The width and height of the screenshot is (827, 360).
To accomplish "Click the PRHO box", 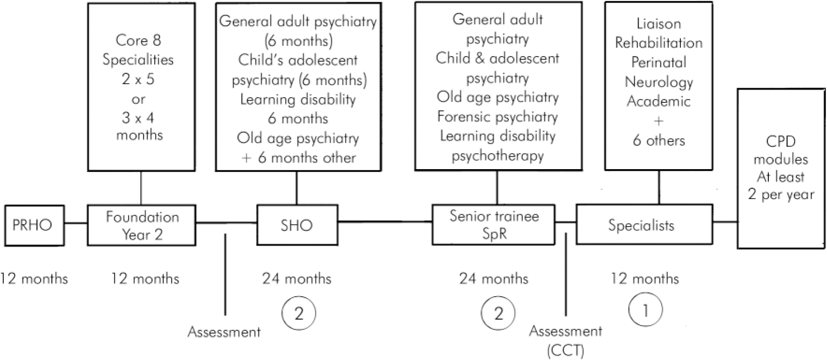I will pyautogui.click(x=34, y=225).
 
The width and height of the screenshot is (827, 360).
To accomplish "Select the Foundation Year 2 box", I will pyautogui.click(x=142, y=225).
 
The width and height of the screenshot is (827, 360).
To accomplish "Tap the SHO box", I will pyautogui.click(x=297, y=225).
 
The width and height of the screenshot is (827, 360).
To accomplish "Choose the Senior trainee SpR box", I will pyautogui.click(x=493, y=224).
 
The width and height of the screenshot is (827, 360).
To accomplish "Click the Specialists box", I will pyautogui.click(x=643, y=225).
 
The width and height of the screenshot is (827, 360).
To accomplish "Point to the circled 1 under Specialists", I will pyautogui.click(x=645, y=310).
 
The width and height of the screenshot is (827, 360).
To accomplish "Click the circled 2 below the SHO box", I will pyautogui.click(x=299, y=313).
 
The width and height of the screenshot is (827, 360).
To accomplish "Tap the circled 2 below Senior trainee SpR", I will pyautogui.click(x=498, y=313).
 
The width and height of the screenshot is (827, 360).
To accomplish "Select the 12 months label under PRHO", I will pyautogui.click(x=34, y=279).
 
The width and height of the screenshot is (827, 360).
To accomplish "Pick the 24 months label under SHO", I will pyautogui.click(x=297, y=279).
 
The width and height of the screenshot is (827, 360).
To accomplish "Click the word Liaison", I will pyautogui.click(x=659, y=23).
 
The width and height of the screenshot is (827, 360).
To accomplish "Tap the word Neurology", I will pyautogui.click(x=659, y=82).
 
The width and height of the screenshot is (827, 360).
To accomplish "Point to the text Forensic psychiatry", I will pyautogui.click(x=497, y=116).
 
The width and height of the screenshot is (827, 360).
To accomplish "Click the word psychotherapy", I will pyautogui.click(x=497, y=156).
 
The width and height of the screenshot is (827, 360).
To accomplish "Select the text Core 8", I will pyautogui.click(x=139, y=40).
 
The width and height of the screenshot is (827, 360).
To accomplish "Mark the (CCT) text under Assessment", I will pyautogui.click(x=566, y=350).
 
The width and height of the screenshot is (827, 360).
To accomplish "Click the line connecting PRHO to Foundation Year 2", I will pyautogui.click(x=76, y=223).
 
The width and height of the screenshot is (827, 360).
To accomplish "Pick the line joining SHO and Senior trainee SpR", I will pyautogui.click(x=385, y=221).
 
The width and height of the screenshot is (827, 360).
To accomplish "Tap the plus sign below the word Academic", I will pyautogui.click(x=658, y=122).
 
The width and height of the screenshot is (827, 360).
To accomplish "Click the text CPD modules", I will pyautogui.click(x=781, y=150).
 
